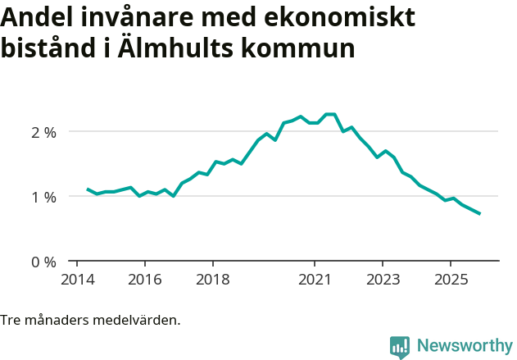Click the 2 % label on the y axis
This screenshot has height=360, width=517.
[43, 132]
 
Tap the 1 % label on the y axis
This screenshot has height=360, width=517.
[43, 197]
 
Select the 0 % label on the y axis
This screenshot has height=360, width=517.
[43, 262]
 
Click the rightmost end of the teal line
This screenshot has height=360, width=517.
[479, 214]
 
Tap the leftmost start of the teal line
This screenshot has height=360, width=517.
[88, 189]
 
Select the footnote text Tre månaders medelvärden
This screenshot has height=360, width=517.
[90, 320]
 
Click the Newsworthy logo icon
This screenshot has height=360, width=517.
[400, 347]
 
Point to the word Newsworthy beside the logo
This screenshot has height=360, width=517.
[464, 346]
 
